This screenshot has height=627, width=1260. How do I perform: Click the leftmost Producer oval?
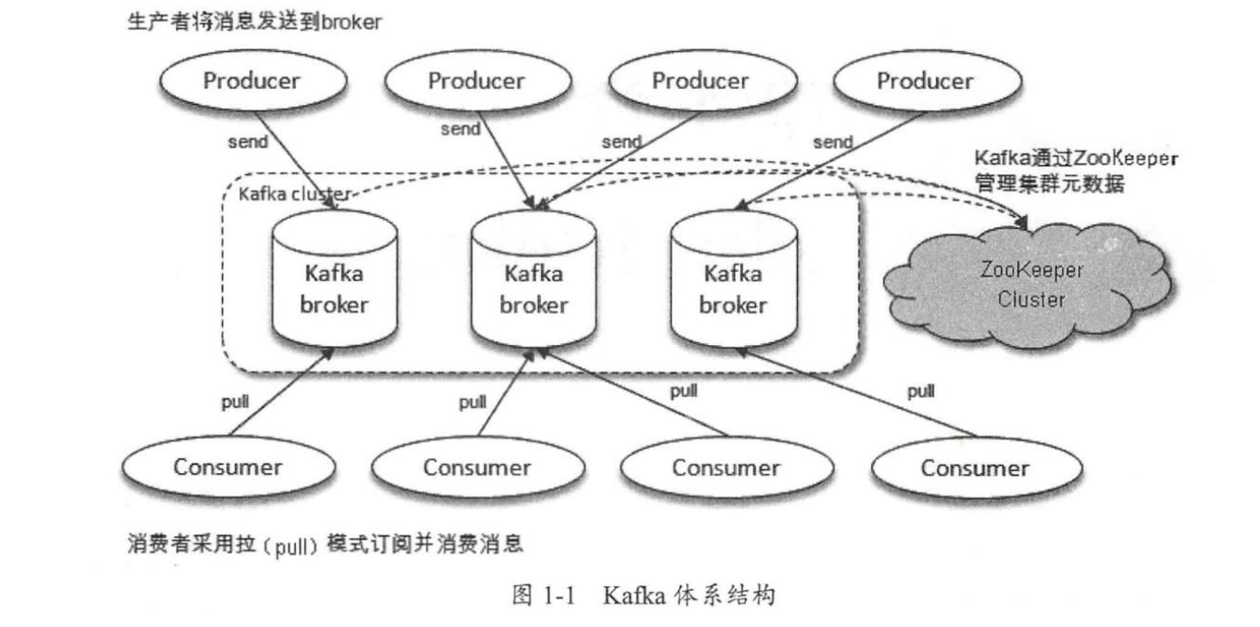[x=251, y=81]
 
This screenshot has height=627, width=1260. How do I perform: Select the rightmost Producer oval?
[x=925, y=82]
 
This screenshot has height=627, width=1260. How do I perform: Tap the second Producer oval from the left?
[x=476, y=82]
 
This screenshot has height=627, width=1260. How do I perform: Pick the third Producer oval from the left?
[x=700, y=82]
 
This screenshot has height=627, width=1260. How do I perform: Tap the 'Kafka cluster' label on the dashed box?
[x=294, y=194]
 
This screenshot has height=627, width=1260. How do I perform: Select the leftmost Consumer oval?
[x=227, y=466]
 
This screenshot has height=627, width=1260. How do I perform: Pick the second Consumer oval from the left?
[x=477, y=467]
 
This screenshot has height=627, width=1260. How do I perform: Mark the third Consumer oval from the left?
[x=726, y=467]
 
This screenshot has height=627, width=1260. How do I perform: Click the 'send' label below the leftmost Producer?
[x=248, y=142]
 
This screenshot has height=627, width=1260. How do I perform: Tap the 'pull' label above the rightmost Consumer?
[x=920, y=391]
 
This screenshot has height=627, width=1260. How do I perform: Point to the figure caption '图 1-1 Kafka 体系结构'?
[x=643, y=595]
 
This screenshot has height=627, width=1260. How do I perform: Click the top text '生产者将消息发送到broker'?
[x=253, y=23]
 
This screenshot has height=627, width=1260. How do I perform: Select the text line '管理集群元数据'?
[x=1048, y=184]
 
